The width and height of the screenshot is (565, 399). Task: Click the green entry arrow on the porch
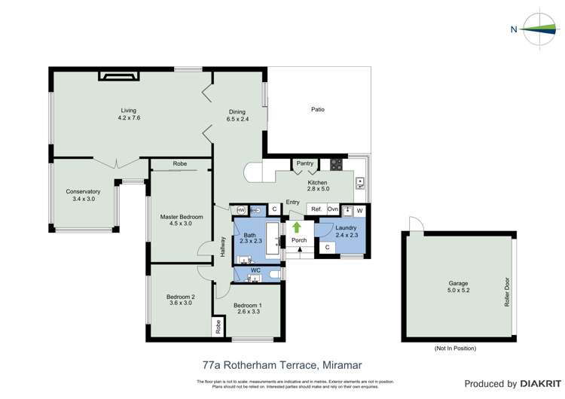click(297, 227)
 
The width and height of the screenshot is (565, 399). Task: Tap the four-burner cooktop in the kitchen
click(336, 163)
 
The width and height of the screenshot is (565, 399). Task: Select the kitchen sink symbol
click(360, 182)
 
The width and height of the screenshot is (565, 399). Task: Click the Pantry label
click(304, 163)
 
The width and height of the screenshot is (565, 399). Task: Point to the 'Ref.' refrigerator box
click(316, 209)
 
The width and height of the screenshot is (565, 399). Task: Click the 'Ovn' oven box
click(333, 209)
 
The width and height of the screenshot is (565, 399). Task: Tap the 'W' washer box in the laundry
click(359, 210)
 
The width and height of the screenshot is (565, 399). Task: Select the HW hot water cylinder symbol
click(241, 209)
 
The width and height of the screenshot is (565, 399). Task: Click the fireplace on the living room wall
click(118, 75)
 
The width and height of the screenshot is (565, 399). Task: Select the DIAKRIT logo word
click(537, 384)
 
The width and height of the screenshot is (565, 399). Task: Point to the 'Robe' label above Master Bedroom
click(179, 163)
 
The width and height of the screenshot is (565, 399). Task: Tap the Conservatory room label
click(83, 192)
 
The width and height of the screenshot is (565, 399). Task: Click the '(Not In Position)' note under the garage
click(455, 349)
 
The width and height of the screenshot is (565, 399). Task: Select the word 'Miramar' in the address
click(337, 365)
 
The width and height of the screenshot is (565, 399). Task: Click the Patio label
click(318, 110)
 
